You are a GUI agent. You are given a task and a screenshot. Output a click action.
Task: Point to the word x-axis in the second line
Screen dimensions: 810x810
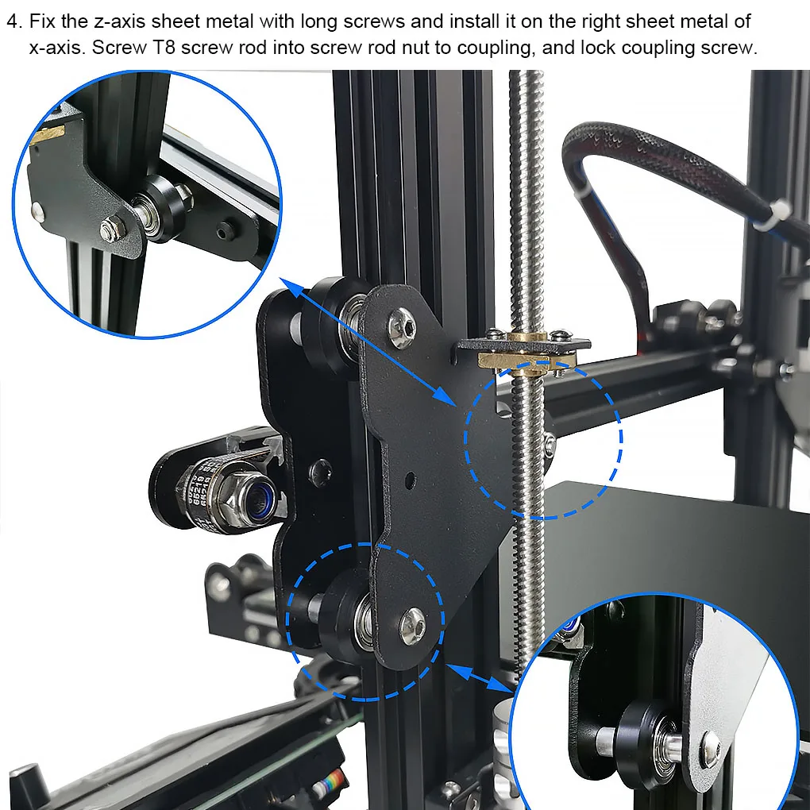click(x=56, y=48)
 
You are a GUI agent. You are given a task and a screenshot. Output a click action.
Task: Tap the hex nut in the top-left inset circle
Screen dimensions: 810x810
click(x=111, y=229)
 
